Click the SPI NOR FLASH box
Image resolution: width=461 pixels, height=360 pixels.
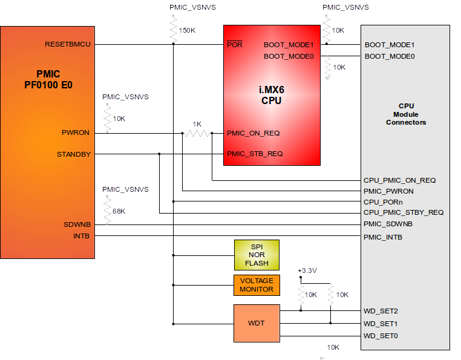tap(257, 255)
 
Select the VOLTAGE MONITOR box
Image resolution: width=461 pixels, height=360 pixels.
tap(257, 285)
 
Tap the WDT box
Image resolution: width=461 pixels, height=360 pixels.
tap(257, 323)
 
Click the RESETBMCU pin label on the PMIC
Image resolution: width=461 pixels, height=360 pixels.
tap(68, 44)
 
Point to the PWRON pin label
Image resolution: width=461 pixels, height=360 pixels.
tap(76, 133)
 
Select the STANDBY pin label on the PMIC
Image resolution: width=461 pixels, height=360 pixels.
tap(74, 154)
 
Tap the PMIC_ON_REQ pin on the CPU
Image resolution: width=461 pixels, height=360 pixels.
tap(253, 133)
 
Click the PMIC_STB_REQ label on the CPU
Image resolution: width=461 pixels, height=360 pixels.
tap(255, 154)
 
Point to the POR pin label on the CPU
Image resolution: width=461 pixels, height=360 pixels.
tap(234, 45)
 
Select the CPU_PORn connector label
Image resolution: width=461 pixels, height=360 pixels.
tap(383, 201)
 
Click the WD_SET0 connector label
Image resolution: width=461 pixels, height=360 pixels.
tap(381, 336)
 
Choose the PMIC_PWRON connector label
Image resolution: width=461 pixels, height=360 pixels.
tap(388, 191)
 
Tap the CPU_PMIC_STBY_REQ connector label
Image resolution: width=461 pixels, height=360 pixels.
tap(404, 212)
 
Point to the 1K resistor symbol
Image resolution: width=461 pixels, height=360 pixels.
tap(197, 133)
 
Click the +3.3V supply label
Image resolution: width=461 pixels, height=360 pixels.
tap(307, 270)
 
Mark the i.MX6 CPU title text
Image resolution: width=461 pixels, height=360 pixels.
tap(271, 95)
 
